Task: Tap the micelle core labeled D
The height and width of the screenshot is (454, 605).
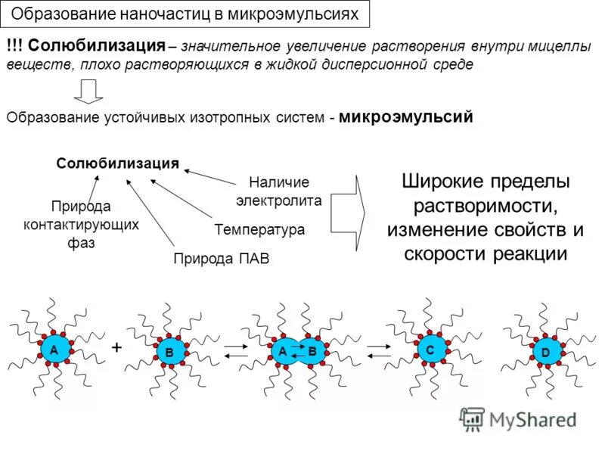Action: (x=544, y=353)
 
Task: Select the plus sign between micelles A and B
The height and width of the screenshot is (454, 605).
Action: (x=116, y=347)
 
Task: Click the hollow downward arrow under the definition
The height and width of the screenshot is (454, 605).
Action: (x=88, y=92)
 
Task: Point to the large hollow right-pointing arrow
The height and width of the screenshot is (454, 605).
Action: (x=349, y=213)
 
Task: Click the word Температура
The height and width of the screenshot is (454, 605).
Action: (x=259, y=229)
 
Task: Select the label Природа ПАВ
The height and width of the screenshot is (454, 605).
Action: (x=221, y=259)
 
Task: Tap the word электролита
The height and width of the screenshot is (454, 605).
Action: (x=279, y=201)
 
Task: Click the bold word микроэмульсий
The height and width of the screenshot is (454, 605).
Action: (x=406, y=117)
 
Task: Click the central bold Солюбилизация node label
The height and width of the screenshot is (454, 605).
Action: (x=117, y=163)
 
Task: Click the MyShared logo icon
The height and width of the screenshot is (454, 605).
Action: (x=473, y=419)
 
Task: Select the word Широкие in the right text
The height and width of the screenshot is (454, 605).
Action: (x=439, y=182)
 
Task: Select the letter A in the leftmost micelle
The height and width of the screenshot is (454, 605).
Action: (x=54, y=350)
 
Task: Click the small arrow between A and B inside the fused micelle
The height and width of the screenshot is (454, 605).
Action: (x=297, y=352)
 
